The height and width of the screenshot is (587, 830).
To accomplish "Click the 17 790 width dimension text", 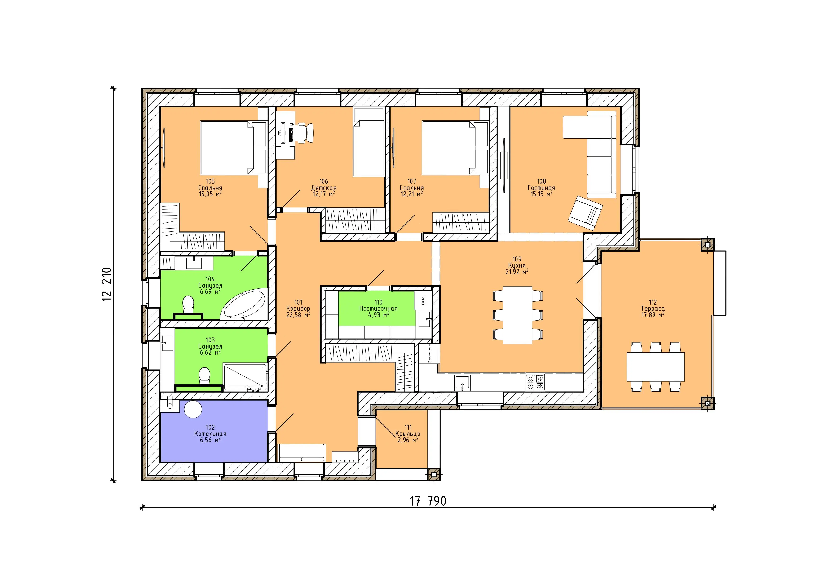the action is pos(428,501).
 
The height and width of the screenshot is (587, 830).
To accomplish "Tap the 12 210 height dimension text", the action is pos(107,284).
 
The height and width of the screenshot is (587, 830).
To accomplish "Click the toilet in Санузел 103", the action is pos(205,376).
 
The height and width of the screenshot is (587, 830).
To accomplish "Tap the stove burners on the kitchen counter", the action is pos(535,382).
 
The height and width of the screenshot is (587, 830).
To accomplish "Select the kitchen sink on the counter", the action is pos(462,383).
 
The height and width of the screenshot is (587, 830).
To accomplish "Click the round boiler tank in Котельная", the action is pos(193,409).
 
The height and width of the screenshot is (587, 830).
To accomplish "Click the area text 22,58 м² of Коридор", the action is pos(298,315).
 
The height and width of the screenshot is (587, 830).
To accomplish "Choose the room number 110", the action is pos(379,302).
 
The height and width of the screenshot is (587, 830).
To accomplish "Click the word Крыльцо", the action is pos(408,434).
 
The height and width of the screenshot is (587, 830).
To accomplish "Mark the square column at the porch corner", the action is pos(434,475).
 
